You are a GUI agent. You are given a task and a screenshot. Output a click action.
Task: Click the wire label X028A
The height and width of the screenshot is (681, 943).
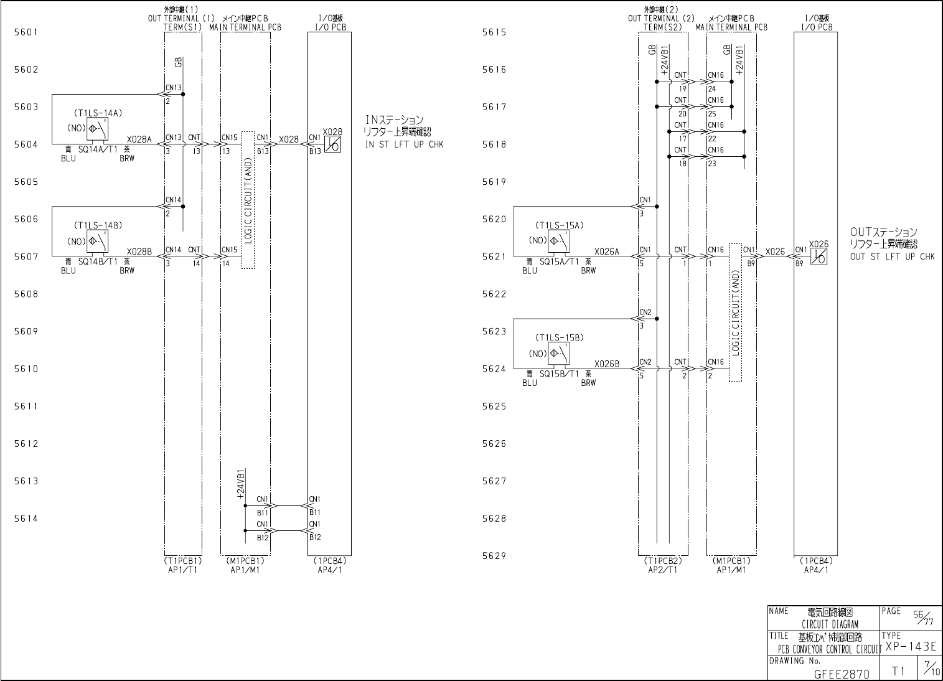139,139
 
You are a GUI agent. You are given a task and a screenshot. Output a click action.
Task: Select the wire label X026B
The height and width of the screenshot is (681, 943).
607,364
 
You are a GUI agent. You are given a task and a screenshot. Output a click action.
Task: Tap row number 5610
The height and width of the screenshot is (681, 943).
26,369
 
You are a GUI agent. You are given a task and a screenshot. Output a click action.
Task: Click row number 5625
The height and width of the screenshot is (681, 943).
494,406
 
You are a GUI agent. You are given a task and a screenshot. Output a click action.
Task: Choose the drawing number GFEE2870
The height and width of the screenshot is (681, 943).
842,673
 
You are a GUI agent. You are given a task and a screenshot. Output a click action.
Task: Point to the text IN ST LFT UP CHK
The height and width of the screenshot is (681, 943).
405,145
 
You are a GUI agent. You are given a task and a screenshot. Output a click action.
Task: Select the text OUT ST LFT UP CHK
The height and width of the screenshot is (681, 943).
892,256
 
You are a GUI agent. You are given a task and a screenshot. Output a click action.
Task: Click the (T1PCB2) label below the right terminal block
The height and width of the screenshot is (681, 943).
663,561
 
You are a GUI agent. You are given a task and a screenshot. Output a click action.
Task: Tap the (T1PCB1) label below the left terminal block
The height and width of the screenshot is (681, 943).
183,561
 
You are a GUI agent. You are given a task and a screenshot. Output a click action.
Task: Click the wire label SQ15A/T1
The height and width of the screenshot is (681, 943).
560,261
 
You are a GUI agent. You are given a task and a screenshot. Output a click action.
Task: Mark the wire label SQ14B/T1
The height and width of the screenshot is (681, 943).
98,261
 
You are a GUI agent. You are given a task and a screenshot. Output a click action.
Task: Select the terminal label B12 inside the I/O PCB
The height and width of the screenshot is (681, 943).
315,537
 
